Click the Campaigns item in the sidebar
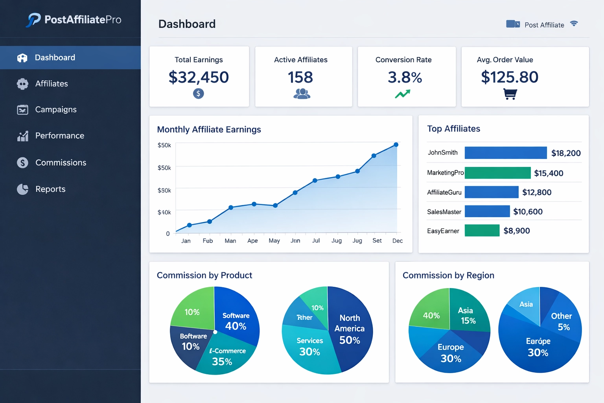[55, 109]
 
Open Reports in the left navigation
[50, 189]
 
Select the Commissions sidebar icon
[23, 163]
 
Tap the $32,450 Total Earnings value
[199, 77]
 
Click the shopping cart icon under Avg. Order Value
[510, 94]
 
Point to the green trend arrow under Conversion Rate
[403, 94]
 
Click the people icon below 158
[302, 94]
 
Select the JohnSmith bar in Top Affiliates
[505, 153]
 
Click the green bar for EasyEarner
[482, 231]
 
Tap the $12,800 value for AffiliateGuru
[536, 192]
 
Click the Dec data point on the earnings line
[396, 145]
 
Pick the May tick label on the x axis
[274, 240]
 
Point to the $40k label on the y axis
[164, 213]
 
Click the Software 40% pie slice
[236, 319]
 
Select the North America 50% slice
[350, 329]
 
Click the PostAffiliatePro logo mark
[34, 20]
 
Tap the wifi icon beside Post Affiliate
[574, 24]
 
